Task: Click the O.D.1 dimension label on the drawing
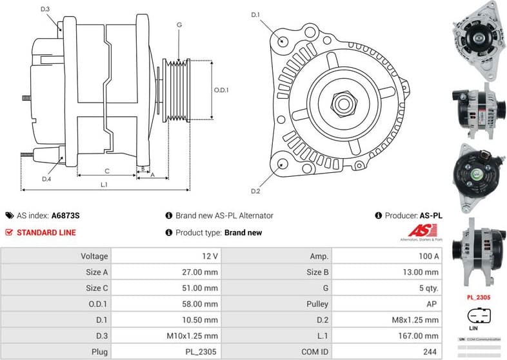(222, 90)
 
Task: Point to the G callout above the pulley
(179, 25)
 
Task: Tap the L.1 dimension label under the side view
(104, 185)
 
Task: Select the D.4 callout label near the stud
(46, 179)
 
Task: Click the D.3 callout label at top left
(45, 9)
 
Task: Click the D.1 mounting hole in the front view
(283, 41)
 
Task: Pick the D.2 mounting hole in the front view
(282, 164)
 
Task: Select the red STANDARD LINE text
(46, 232)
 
